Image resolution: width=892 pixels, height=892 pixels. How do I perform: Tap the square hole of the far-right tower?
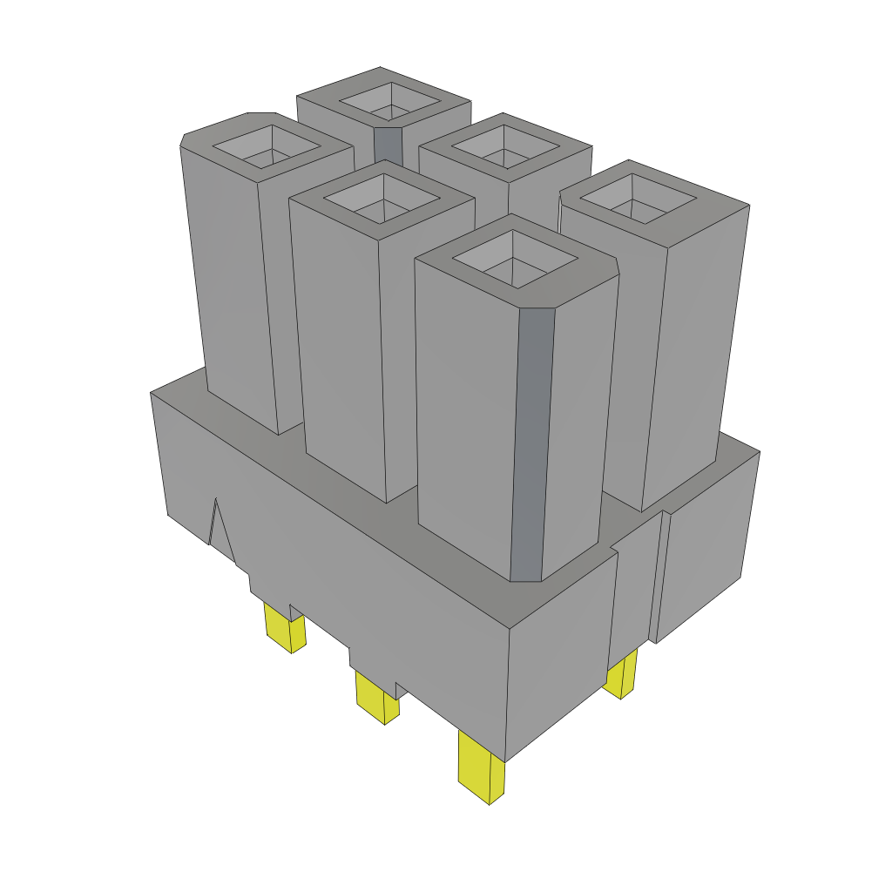click(x=639, y=199)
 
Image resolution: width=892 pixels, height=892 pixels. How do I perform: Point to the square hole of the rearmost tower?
click(x=389, y=102)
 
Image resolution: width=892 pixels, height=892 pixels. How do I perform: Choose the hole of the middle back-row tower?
click(x=505, y=147)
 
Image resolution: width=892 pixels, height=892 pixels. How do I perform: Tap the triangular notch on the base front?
click(x=220, y=527)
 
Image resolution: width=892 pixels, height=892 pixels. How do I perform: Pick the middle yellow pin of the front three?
click(x=376, y=696)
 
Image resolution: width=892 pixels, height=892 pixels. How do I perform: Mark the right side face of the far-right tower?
click(x=697, y=348)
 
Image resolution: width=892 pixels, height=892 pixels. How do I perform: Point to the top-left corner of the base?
click(x=152, y=394)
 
